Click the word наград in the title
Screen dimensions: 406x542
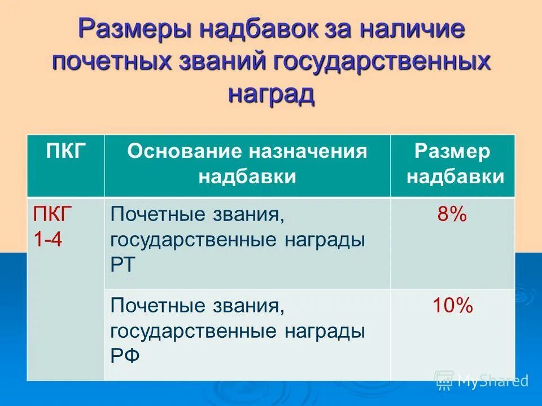tap(271, 93)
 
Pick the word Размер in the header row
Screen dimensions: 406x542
tap(452, 151)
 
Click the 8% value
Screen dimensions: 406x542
tap(452, 215)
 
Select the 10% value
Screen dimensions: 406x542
tap(452, 306)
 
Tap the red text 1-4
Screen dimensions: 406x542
tap(48, 240)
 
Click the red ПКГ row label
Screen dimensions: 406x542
tap(53, 215)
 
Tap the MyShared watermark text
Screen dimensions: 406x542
tap(493, 381)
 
